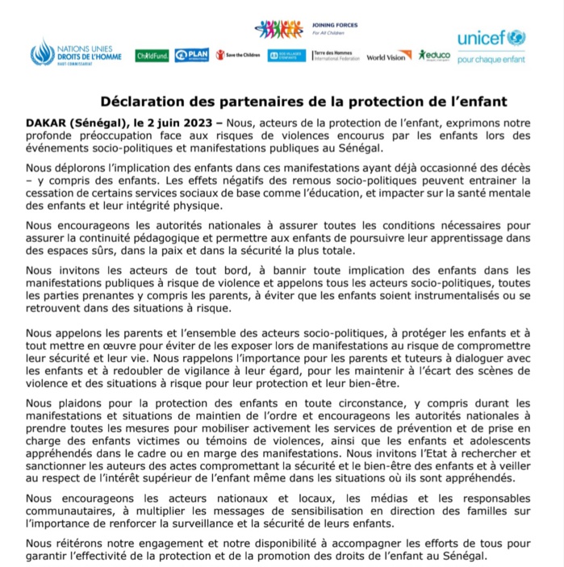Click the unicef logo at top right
pyautogui.click(x=491, y=39)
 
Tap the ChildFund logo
pyautogui.click(x=152, y=56)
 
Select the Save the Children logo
pyautogui.click(x=238, y=56)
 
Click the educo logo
pyautogui.click(x=434, y=55)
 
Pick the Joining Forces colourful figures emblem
pyautogui.click(x=278, y=30)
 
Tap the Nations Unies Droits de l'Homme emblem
pyautogui.click(x=42, y=53)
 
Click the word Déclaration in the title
pyautogui.click(x=142, y=102)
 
